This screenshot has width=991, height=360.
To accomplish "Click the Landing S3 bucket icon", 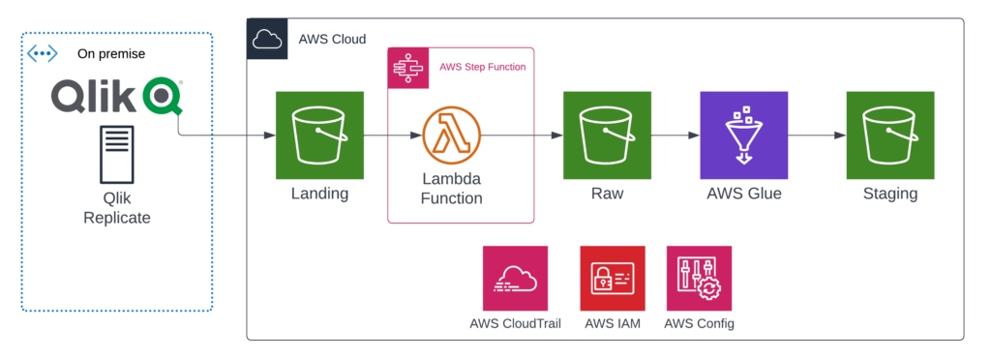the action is point(319,135).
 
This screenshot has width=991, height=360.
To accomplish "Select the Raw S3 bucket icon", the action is point(607,135).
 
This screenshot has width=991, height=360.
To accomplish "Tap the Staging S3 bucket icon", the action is point(890,135).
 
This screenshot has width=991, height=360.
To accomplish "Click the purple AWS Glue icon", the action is point(744,135).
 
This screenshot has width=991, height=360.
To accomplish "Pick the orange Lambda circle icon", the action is point(451,135).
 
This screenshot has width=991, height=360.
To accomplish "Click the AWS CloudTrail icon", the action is point(515,278).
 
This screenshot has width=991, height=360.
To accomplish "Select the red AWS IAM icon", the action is point(613,278).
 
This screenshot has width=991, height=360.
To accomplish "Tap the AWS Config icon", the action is point(699,278).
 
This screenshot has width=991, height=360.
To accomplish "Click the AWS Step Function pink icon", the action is point(407,68).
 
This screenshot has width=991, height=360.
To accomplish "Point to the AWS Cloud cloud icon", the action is point(267,39).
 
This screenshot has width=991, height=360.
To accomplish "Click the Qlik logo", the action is point(117,97).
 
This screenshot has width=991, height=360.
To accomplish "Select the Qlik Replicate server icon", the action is point(117,154).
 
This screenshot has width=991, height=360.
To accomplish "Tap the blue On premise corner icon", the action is point(43,53).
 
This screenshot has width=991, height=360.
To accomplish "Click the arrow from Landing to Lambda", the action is point(393,135).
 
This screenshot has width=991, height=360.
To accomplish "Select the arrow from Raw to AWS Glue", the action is point(676,135).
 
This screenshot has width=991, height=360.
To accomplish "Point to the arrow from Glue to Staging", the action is point(817,135).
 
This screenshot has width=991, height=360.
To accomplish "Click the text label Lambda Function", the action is point(451,188).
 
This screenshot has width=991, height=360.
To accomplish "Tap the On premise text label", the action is point(111,54).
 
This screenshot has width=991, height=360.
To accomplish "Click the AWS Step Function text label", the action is point(482,67).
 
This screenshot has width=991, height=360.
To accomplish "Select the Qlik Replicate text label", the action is point(117,208).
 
